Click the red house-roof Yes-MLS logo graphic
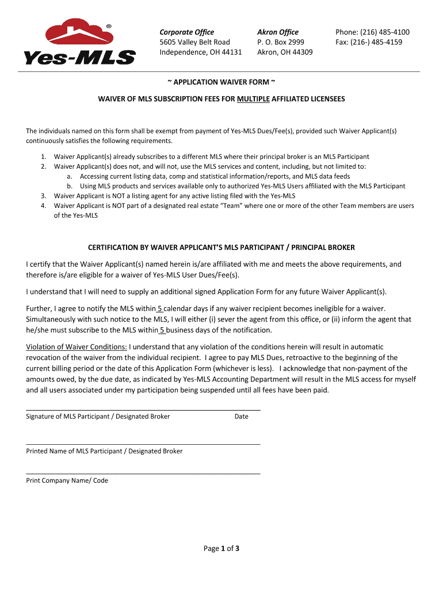tap(79, 33)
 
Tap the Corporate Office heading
tap(186, 32)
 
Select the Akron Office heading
tap(278, 32)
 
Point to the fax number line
tap(369, 42)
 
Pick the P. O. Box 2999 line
tap(281, 42)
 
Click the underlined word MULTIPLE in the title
tap(253, 99)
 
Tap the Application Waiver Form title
tap(221, 82)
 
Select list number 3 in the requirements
tap(44, 196)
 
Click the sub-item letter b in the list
tap(69, 186)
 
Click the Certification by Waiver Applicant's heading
tap(221, 247)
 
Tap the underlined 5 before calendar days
tap(161, 309)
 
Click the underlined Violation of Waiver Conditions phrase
tap(77, 347)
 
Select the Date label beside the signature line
tap(242, 417)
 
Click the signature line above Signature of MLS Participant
tap(143, 409)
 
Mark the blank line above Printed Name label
tap(143, 444)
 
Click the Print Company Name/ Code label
tap(67, 481)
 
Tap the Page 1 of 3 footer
tap(221, 549)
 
